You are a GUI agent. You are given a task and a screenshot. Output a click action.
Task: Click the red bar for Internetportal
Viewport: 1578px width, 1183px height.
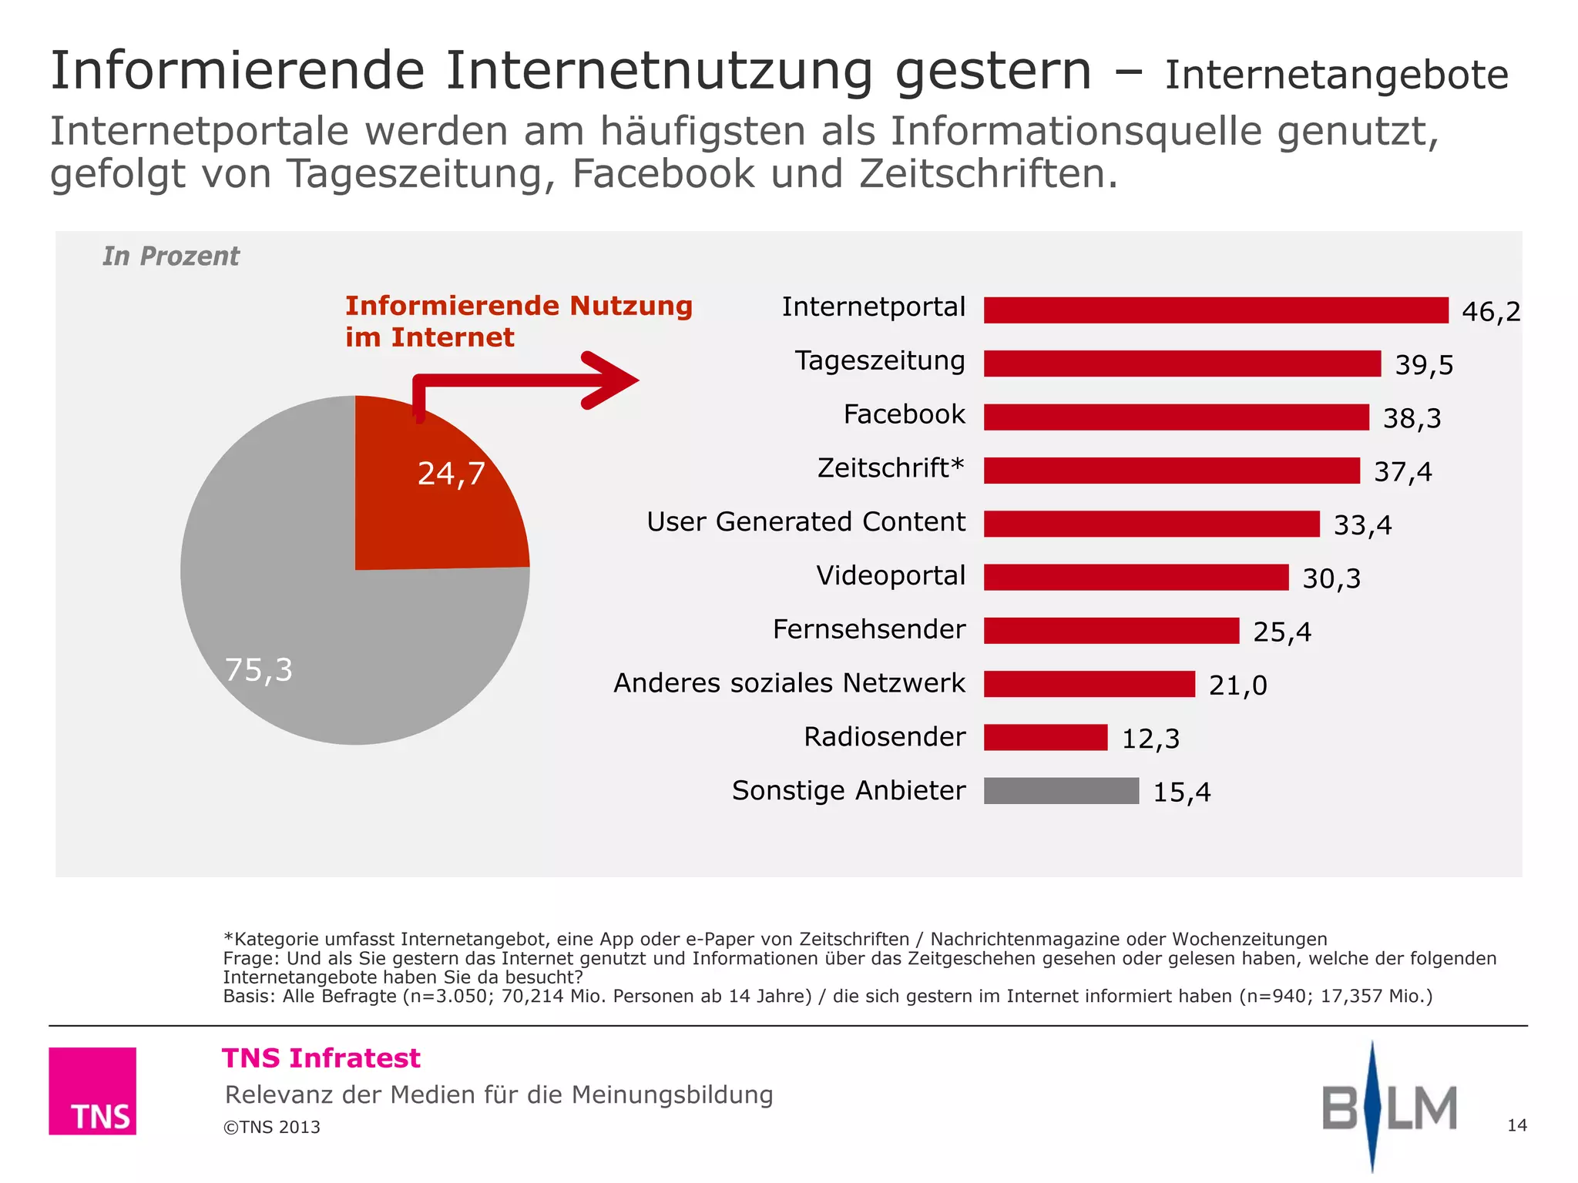[x=1216, y=310]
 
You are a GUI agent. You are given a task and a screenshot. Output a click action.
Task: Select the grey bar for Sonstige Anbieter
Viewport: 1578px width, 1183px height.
[x=1061, y=791]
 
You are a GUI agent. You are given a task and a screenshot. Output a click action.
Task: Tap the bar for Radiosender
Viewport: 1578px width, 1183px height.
[x=1046, y=738]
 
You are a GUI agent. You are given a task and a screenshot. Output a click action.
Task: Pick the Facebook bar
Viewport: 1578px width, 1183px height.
[x=1177, y=417]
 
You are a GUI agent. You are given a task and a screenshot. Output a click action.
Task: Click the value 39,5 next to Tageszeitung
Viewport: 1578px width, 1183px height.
[x=1424, y=365]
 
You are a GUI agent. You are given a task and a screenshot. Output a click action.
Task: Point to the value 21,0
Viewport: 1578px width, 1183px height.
[x=1237, y=685]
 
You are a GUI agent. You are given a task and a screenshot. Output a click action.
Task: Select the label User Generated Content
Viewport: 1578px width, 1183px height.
[x=805, y=522]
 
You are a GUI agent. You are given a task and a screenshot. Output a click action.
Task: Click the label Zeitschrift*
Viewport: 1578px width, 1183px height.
[x=891, y=468]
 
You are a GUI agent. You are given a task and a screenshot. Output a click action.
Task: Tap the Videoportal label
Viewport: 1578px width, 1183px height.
[x=891, y=576]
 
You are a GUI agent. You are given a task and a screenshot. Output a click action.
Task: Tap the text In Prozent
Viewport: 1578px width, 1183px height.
[x=171, y=256]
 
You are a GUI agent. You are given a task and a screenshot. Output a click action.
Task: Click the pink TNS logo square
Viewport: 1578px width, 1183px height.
[x=92, y=1091]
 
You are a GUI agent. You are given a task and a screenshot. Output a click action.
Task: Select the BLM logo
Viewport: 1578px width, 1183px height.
[x=1388, y=1108]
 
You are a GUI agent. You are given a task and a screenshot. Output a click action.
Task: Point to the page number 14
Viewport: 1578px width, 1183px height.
[x=1516, y=1126]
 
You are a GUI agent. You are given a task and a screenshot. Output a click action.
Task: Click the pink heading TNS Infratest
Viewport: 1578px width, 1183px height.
[x=321, y=1058]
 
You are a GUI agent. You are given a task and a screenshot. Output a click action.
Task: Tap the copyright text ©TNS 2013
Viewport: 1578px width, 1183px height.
[x=272, y=1128]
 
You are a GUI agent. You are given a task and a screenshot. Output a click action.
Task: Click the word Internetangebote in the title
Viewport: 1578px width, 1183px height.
[x=1336, y=75]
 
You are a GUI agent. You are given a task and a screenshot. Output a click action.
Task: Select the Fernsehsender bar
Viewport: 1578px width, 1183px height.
[x=1111, y=631]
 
